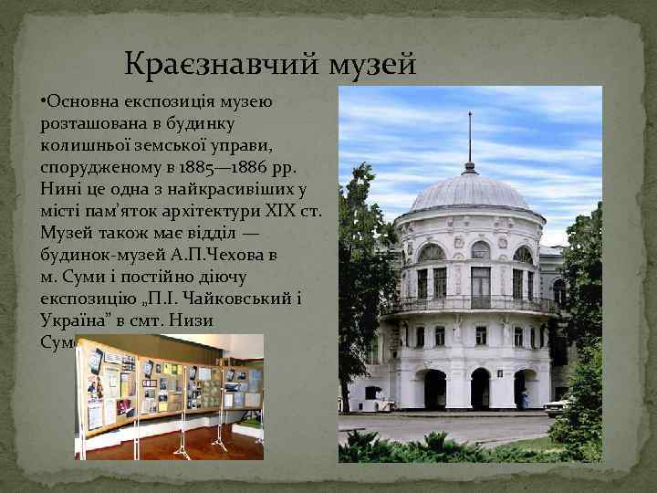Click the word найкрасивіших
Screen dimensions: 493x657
[x=228, y=189]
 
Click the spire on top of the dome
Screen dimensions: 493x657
[x=470, y=137]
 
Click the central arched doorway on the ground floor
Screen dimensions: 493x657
[x=480, y=388]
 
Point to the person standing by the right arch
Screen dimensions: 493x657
[x=525, y=399]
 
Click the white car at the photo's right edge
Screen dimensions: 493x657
[x=557, y=404]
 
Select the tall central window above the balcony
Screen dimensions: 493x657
[x=480, y=284]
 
